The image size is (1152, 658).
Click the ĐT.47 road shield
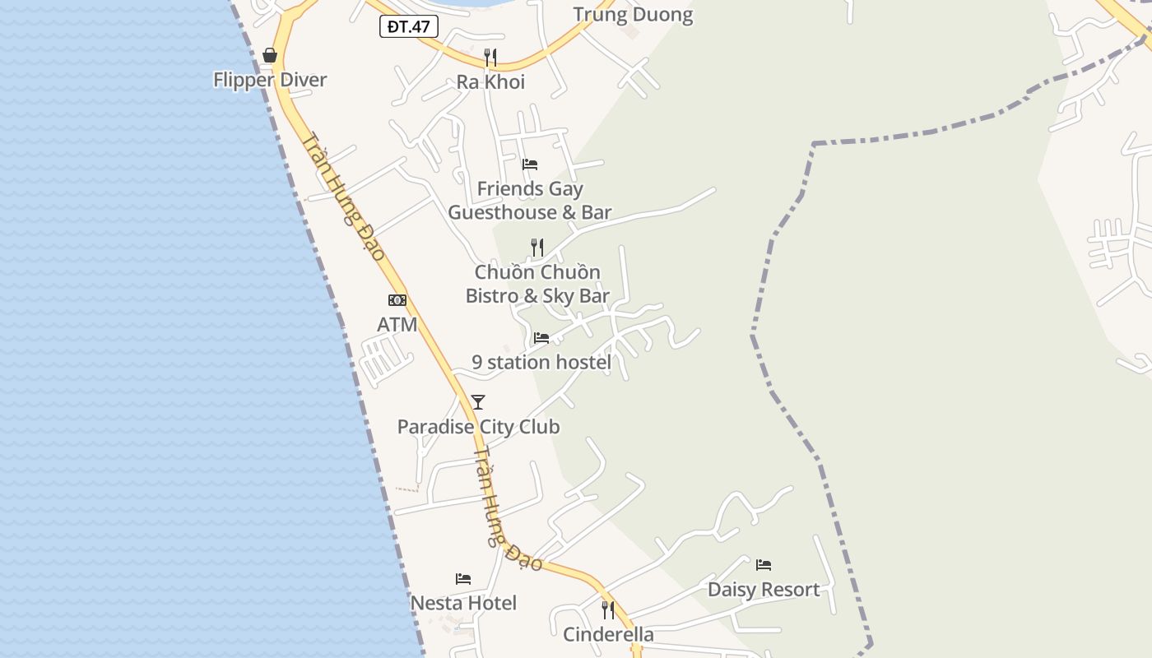(x=409, y=26)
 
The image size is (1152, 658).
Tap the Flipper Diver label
(x=270, y=80)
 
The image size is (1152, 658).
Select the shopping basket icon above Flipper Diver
(x=270, y=55)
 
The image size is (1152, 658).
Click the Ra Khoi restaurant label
(x=490, y=82)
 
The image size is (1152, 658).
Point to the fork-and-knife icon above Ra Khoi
(x=490, y=57)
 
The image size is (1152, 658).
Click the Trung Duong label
(x=633, y=15)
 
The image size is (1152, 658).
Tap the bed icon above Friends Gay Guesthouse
(x=530, y=164)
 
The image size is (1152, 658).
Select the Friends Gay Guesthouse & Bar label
(x=530, y=201)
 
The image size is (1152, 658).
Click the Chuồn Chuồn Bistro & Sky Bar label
(x=537, y=284)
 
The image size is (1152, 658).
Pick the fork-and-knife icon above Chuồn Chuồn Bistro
(x=537, y=247)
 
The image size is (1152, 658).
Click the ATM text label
(x=397, y=325)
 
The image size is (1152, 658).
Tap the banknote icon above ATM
(x=397, y=300)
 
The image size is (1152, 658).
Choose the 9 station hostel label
(x=541, y=362)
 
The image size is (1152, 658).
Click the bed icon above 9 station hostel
(x=541, y=337)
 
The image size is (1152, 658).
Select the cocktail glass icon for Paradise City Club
(x=478, y=402)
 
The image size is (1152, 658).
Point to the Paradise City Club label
(x=478, y=427)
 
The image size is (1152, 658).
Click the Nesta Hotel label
(x=463, y=603)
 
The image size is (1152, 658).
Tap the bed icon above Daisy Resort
(x=764, y=565)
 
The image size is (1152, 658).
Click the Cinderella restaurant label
(x=608, y=634)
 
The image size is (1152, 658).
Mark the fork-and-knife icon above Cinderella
(x=608, y=609)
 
